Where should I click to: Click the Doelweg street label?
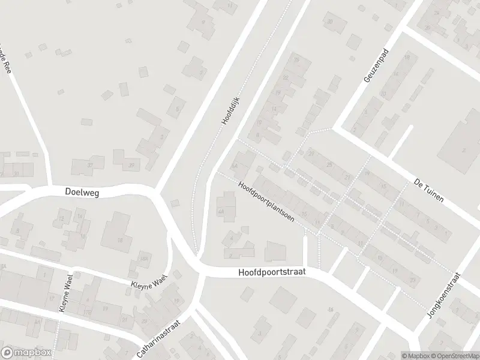82,192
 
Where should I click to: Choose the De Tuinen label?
428,190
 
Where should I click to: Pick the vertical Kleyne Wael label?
66,293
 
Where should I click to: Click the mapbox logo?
26,353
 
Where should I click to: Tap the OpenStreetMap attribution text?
454,355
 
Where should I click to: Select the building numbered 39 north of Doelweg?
132,164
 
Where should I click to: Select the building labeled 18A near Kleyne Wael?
144,259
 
